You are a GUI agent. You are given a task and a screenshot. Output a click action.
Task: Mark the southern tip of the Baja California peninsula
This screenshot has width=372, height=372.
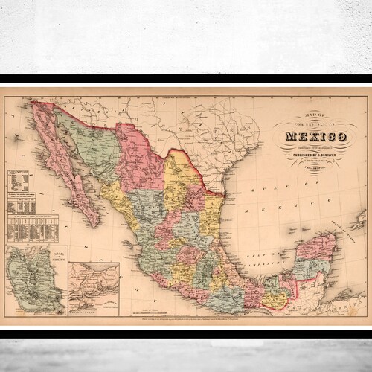pyautogui.click(x=94, y=224)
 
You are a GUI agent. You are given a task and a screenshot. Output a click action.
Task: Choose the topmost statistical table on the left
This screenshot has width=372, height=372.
pyautogui.click(x=18, y=181)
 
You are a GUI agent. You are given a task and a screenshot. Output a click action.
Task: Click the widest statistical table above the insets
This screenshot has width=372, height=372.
pyautogui.click(x=33, y=231)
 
